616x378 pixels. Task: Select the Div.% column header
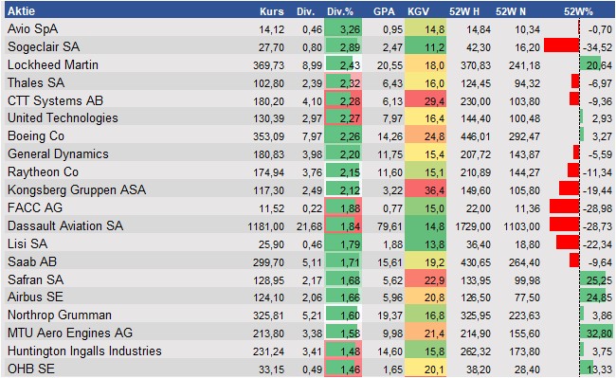click(341, 11)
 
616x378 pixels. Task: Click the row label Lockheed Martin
click(55, 64)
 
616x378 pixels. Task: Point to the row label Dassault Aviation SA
click(64, 226)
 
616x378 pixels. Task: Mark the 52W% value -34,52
click(596, 46)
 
